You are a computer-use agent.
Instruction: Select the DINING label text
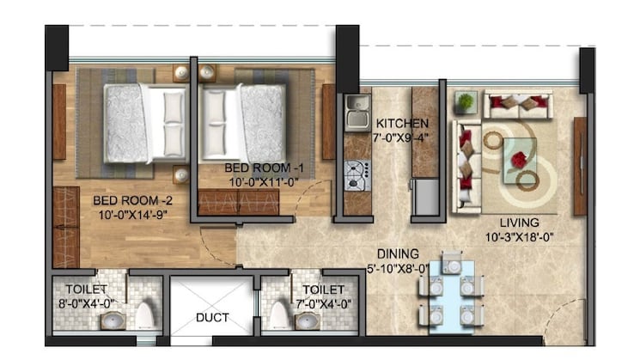point(398,253)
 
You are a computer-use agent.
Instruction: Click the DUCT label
point(211,317)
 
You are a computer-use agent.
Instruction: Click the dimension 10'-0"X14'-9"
point(128,215)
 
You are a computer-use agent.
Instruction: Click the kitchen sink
point(355,110)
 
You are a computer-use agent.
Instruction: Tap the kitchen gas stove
point(355,174)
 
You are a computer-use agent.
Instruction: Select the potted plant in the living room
point(466,102)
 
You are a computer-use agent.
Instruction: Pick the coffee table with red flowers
point(521,157)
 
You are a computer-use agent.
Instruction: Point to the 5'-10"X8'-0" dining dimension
point(398,267)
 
